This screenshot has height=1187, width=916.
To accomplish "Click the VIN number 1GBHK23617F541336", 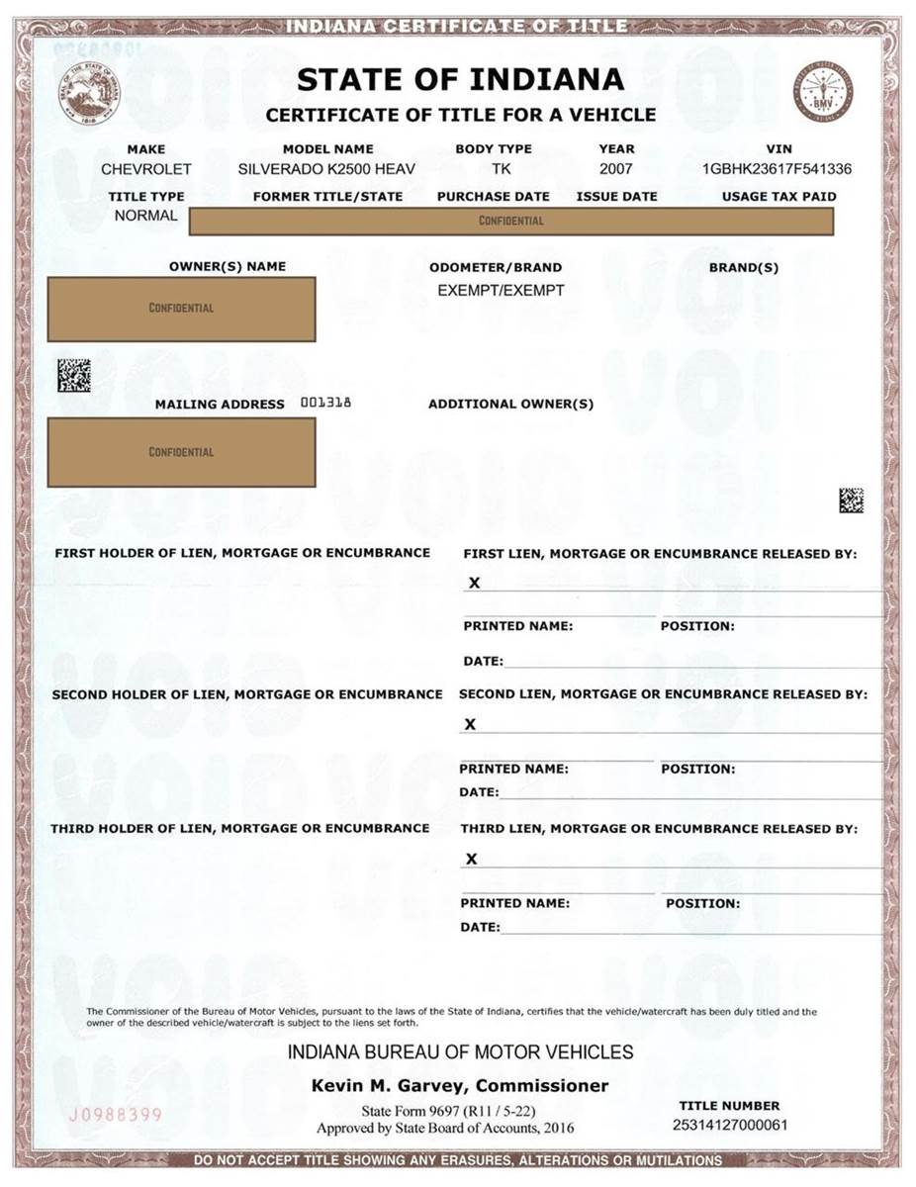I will point(777,169).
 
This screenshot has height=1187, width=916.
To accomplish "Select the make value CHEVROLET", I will point(146,169).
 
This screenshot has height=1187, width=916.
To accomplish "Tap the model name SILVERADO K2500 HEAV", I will point(326,169).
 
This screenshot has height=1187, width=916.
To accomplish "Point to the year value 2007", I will point(616,169).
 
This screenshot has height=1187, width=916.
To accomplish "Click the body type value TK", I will point(502,169).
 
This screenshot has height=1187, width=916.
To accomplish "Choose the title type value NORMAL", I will point(146,216).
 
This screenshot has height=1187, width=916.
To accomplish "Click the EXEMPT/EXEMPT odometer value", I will point(501,291).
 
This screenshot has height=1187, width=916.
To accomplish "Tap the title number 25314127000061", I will point(730,1126).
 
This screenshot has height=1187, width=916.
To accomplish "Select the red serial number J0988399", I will point(115,1115).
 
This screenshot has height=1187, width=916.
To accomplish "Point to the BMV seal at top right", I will point(822,92).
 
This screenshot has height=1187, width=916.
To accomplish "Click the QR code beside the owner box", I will point(73,375).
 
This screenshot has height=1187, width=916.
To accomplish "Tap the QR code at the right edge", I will point(851,500).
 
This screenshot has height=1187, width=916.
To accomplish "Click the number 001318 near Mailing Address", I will point(325,403).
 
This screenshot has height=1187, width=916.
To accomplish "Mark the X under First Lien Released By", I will point(475,583).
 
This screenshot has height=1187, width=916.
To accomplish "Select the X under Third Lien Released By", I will point(471,859).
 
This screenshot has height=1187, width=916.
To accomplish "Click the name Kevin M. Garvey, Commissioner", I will point(460,1086).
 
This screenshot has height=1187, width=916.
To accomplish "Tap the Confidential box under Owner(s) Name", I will point(182,309).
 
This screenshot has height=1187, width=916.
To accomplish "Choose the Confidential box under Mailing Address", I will point(182,452).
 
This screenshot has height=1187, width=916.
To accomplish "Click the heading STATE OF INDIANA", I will point(460,79).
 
